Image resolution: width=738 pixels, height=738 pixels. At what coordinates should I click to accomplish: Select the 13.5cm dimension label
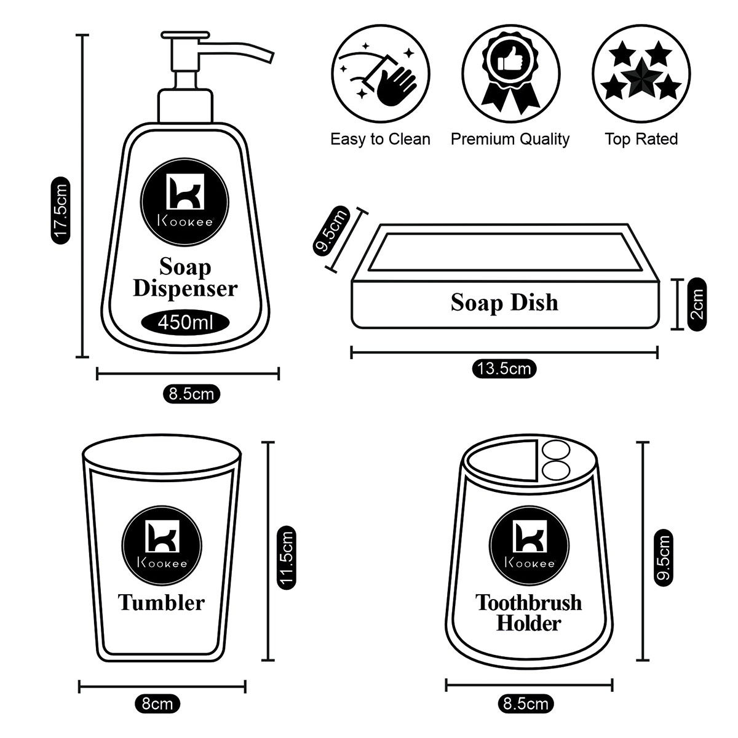coord(504,369)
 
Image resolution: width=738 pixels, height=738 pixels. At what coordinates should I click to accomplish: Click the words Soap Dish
coord(504,303)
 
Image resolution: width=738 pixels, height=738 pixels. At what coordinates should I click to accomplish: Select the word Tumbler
coord(161,602)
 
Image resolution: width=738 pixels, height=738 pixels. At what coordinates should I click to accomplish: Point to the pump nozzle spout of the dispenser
coord(246,49)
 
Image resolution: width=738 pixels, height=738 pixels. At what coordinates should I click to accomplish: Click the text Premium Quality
coord(510,139)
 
